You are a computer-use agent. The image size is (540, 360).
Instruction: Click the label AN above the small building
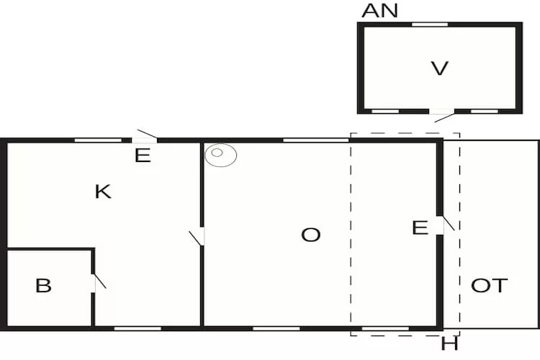[379, 11]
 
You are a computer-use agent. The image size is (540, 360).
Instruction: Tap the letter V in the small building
[439, 69]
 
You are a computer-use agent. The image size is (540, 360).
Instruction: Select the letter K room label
[103, 192]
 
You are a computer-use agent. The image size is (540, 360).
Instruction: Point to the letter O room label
[310, 235]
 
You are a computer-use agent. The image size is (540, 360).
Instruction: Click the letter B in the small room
[43, 286]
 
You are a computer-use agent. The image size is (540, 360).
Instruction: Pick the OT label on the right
[489, 285]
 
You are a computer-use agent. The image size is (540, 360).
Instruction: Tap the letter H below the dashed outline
[449, 345]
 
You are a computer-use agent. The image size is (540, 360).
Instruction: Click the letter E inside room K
[143, 156]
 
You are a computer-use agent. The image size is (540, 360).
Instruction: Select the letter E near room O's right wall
[420, 228]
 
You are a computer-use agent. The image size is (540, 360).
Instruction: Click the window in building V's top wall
[429, 24]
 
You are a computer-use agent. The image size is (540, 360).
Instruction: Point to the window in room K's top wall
[98, 140]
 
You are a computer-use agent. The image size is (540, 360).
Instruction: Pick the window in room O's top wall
[315, 140]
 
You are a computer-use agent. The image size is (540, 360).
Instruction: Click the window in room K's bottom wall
[138, 328]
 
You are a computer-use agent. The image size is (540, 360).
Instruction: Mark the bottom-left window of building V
[385, 112]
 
